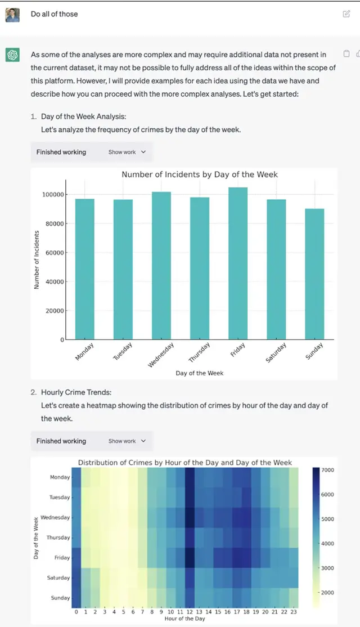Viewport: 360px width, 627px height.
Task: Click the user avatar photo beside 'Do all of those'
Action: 12,15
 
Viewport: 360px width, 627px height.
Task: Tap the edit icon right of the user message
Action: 346,14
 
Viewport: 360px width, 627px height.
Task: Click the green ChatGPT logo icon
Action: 12,55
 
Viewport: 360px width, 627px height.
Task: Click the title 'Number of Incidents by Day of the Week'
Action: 200,174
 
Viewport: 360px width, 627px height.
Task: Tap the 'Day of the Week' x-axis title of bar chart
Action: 199,373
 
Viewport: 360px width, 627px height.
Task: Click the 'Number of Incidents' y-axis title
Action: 37,260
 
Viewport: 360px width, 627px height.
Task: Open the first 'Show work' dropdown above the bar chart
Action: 127,152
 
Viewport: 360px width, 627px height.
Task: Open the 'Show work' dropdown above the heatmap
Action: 127,441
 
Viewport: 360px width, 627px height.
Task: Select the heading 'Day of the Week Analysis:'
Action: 83,117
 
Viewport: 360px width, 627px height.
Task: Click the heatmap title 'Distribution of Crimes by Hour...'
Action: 184,463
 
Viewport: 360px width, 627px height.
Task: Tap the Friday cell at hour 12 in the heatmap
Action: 190,558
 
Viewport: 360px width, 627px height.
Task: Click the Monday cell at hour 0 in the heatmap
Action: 76,477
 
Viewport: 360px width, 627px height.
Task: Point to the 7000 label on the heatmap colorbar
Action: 327,470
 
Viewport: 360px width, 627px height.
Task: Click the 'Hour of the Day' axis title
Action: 186,619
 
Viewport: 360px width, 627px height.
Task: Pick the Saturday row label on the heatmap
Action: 58,578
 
